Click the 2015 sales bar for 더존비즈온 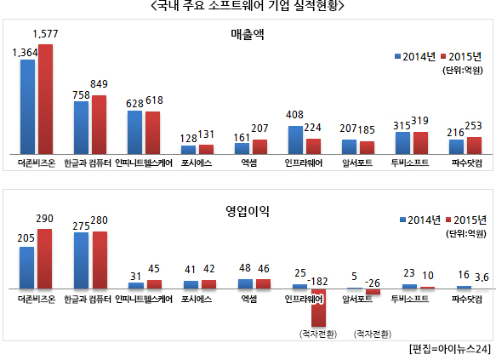46,100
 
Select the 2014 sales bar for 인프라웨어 295,140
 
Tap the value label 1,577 46,34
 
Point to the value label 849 99,84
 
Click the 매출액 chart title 248,34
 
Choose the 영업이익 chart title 248,211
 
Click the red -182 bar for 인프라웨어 318,307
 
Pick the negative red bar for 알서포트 373,292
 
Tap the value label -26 373,283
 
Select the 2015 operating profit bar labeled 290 45,259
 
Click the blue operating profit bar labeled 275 82,260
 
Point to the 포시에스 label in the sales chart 197,163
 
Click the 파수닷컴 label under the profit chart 466,299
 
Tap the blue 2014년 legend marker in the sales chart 398,57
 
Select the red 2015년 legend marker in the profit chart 448,220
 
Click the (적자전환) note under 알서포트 373,334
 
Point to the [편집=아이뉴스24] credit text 450,349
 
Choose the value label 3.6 482,277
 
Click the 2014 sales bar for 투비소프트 402,143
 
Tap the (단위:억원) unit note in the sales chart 463,70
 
